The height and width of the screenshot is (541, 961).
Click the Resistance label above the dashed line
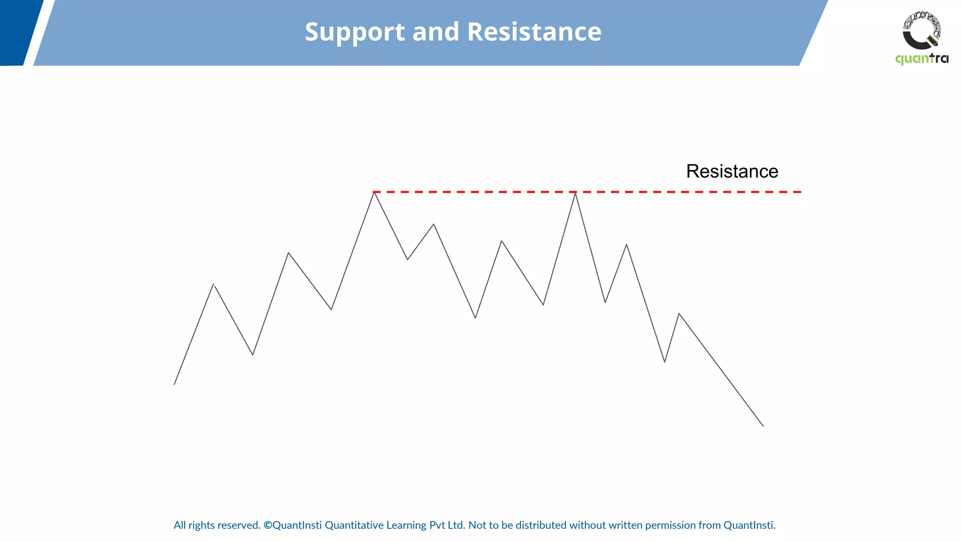pyautogui.click(x=732, y=171)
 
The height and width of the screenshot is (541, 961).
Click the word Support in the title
pyautogui.click(x=355, y=32)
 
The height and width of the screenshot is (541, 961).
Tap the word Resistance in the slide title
pyautogui.click(x=534, y=32)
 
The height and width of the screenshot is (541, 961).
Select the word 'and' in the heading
pyautogui.click(x=435, y=32)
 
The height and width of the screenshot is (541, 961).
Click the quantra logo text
pyautogui.click(x=922, y=59)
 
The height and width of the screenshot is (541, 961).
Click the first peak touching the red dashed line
pyautogui.click(x=374, y=193)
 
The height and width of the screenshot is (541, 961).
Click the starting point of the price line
pyautogui.click(x=175, y=384)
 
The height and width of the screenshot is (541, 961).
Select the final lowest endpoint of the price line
pyautogui.click(x=763, y=425)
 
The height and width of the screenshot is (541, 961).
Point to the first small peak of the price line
pyautogui.click(x=214, y=285)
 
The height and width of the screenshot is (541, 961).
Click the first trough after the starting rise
pyautogui.click(x=252, y=354)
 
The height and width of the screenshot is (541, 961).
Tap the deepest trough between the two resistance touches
pyautogui.click(x=475, y=317)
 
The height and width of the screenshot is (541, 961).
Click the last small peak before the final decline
pyautogui.click(x=679, y=314)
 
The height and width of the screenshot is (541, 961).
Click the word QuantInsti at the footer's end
pyautogui.click(x=749, y=525)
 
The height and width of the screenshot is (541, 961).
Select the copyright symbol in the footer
pyautogui.click(x=267, y=525)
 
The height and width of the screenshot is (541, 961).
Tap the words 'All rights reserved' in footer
pyautogui.click(x=217, y=525)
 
